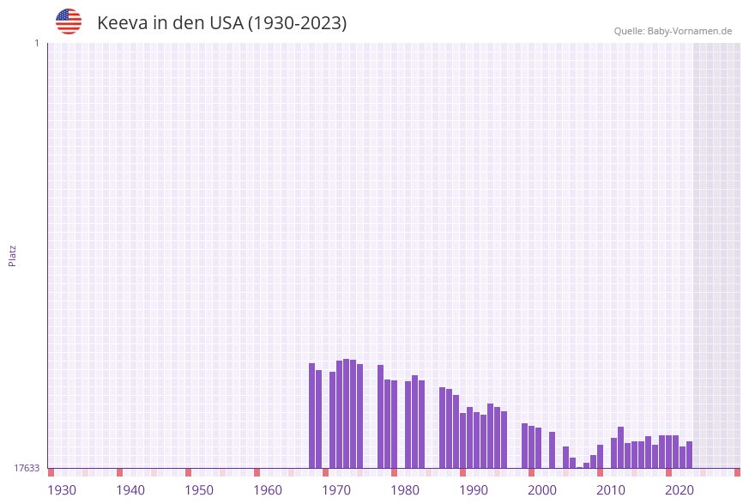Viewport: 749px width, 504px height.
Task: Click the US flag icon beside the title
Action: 69,21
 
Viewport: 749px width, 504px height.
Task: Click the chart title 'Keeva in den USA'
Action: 221,23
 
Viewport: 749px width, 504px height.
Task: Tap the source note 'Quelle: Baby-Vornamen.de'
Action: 673,31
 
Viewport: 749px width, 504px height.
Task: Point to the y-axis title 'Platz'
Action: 13,256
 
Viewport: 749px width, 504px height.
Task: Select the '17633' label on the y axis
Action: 27,468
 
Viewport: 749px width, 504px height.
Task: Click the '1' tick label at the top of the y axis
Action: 37,43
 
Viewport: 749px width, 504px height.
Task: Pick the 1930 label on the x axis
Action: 62,490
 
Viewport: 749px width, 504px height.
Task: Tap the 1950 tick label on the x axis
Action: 199,490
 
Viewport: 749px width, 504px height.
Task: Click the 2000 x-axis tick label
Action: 542,490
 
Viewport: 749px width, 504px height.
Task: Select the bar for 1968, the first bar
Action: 312,416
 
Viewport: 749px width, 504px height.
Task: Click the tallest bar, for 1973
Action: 347,413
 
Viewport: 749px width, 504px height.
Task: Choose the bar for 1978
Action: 381,416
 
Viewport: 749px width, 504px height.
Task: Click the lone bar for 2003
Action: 553,450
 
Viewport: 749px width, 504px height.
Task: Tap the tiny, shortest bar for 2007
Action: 580,467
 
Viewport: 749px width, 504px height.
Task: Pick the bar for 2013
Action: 621,447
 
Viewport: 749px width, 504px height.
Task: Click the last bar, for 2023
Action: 690,454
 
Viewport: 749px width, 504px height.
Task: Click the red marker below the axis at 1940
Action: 120,472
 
